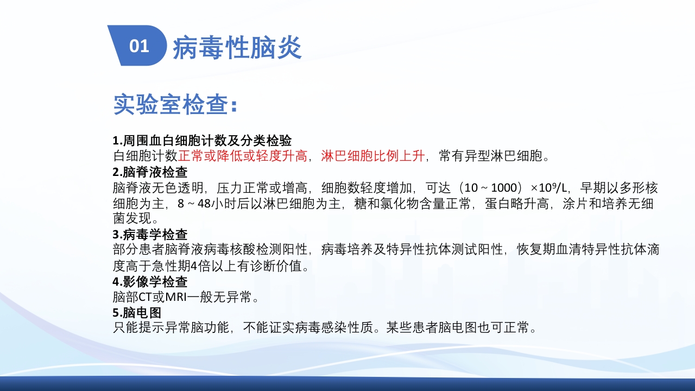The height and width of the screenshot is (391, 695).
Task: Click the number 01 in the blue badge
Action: tap(139, 46)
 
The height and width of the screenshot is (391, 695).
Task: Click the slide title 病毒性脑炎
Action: tap(237, 48)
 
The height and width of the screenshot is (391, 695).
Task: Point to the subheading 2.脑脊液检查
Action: tap(150, 173)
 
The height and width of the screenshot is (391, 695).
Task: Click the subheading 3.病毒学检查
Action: tap(150, 235)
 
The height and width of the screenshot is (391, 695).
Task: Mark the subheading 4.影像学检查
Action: tap(150, 282)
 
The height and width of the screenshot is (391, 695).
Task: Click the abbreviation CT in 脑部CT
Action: tap(145, 298)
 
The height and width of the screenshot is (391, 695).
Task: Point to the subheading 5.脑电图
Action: tap(137, 313)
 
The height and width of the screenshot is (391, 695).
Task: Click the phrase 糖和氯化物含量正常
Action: tap(414, 204)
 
